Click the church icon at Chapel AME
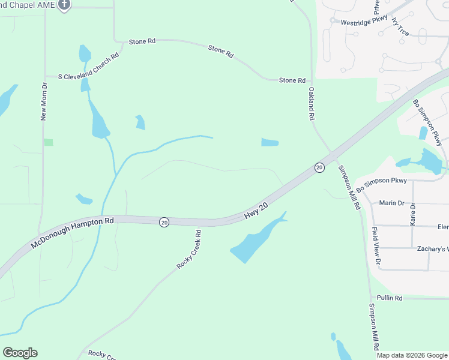pyautogui.click(x=65, y=5)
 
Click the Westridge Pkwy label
pyautogui.click(x=364, y=21)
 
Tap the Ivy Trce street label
pyautogui.click(x=400, y=27)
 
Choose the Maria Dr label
pyautogui.click(x=391, y=203)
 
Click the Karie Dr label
pyautogui.click(x=413, y=214)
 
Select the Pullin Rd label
pyautogui.click(x=390, y=298)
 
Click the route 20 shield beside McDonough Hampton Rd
pyautogui.click(x=164, y=222)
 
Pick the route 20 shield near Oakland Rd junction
pyautogui.click(x=319, y=167)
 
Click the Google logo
pyautogui.click(x=20, y=353)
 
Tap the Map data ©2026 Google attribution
pyautogui.click(x=412, y=355)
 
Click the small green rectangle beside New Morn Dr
pyautogui.click(x=49, y=142)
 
